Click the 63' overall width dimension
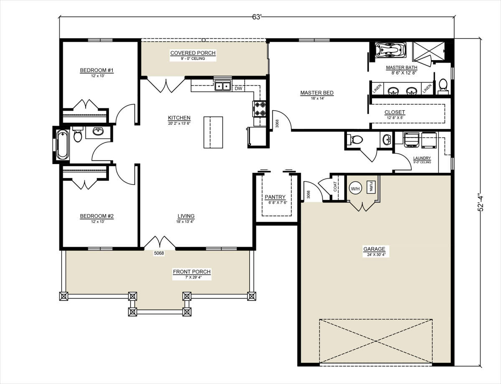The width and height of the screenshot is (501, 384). coord(256,17)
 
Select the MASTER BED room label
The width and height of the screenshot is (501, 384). coord(317,93)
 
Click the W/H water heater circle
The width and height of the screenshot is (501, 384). coord(355,189)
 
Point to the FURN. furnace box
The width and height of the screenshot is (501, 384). coord(371,187)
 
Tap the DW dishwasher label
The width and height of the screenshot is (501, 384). coord(238,88)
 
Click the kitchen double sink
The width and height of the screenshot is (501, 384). coord(223,86)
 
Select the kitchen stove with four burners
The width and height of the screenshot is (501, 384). coord(260,109)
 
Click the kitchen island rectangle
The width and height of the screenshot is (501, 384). coord(213,132)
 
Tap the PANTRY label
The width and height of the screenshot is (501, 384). coord(275,197)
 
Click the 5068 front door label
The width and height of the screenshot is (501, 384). coord(159,253)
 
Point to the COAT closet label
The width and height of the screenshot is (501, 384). coord(335,187)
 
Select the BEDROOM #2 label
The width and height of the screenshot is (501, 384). coord(97,216)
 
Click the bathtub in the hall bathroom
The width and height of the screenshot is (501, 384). coord(63,145)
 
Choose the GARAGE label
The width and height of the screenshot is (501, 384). coord(374,249)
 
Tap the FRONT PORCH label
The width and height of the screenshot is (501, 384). coord(192,272)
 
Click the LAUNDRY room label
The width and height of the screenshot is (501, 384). coord(422,158)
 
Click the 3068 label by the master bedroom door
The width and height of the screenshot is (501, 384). coord(277,123)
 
